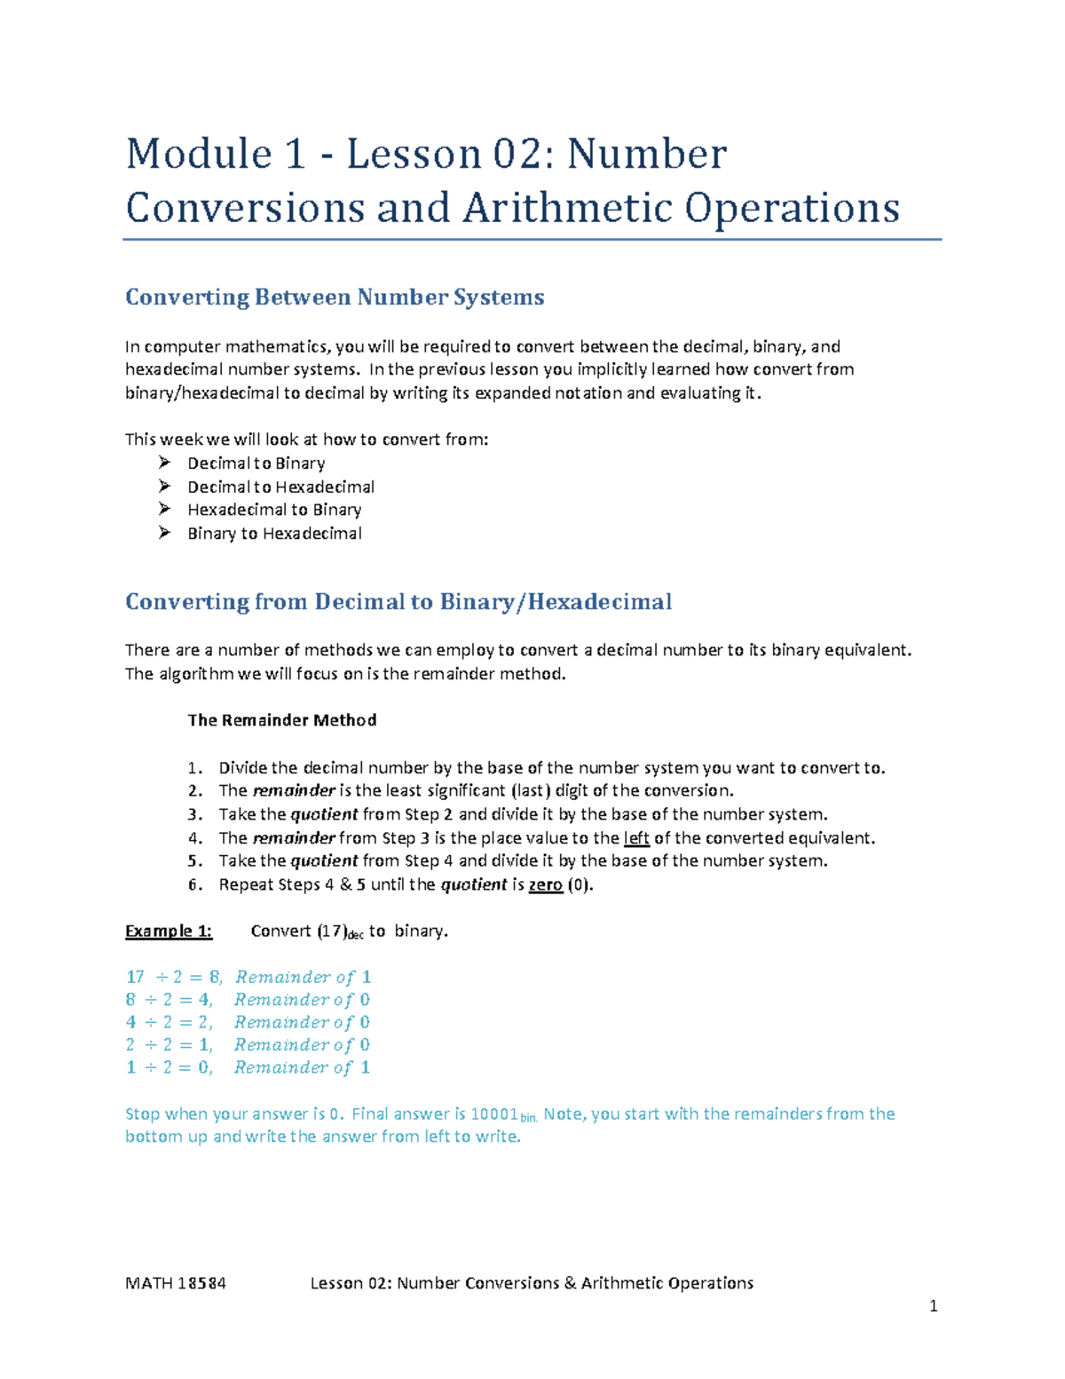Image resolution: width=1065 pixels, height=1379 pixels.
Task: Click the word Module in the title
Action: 198,155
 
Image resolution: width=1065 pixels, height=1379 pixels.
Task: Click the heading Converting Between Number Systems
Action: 335,297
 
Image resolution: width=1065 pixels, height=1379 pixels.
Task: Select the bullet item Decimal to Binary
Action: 256,464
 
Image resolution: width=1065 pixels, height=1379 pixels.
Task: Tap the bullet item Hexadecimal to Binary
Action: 274,510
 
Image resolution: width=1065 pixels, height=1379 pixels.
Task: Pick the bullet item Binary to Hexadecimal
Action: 274,534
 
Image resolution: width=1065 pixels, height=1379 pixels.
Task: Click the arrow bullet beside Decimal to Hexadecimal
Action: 164,486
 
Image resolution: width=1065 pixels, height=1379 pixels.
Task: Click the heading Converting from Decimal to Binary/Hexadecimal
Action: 398,602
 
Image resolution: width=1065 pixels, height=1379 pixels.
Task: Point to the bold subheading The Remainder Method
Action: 281,720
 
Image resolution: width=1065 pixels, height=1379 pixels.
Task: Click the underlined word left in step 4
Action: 636,838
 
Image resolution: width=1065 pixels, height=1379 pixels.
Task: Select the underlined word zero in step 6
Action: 545,884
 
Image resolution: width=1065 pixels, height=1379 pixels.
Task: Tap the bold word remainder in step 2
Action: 294,791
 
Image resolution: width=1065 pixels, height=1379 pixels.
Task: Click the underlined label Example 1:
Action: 169,931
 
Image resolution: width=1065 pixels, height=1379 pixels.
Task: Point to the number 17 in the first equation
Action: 135,977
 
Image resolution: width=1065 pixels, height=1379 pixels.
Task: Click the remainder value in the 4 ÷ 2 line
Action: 365,1022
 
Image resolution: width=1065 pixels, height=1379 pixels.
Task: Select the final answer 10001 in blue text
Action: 493,1114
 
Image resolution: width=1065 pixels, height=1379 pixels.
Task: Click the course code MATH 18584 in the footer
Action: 176,1283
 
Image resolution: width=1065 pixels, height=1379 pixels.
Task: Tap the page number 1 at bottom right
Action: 933,1306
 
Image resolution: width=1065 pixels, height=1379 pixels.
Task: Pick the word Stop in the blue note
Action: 142,1114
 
